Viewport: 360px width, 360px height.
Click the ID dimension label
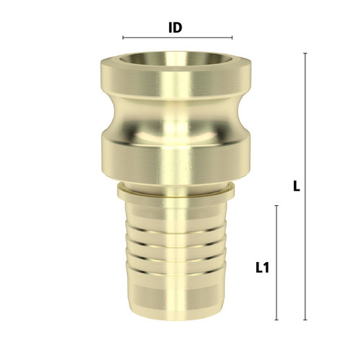[176, 28]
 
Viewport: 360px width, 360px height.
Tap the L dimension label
[297, 186]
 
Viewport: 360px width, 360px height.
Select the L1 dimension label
[262, 268]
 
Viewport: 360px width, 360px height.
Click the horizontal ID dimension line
[177, 37]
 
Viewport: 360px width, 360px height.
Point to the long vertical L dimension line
[305, 186]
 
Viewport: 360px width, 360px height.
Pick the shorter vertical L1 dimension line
[276, 263]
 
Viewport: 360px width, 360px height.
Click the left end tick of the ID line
[123, 37]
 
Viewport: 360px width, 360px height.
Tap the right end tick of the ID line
[232, 37]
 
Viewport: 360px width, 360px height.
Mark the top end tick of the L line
[305, 53]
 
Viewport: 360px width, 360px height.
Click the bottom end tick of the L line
[305, 320]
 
